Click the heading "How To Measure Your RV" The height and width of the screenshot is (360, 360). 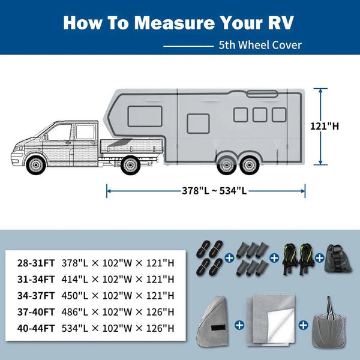tap(179, 22)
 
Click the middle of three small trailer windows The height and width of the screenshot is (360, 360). tap(260, 114)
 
